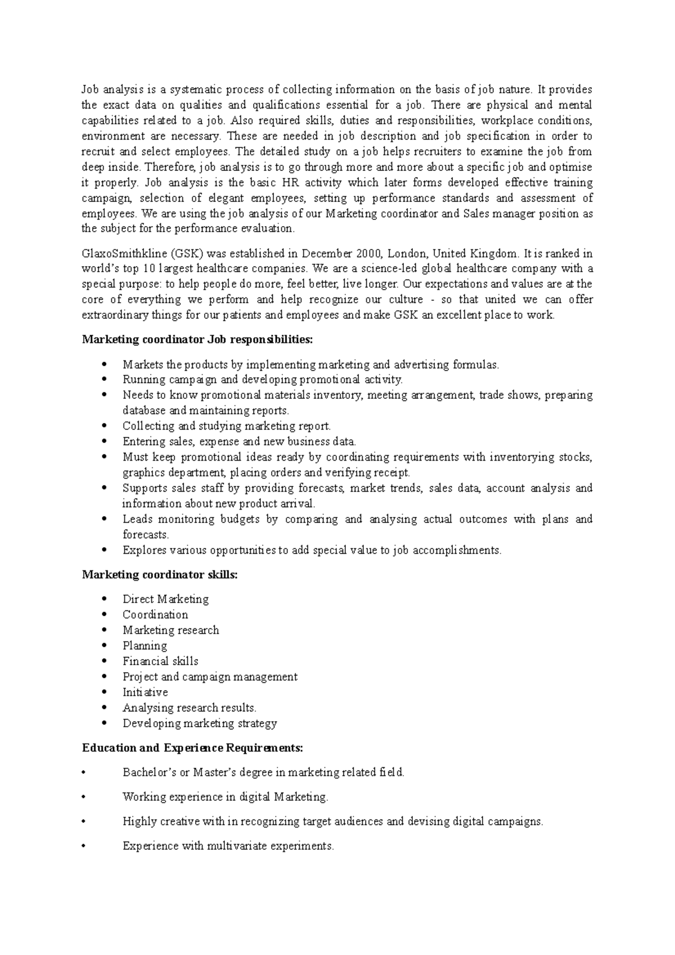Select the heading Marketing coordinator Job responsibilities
click(x=197, y=340)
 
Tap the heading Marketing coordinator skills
click(x=160, y=574)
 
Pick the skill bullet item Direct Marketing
click(x=165, y=599)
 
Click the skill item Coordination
click(x=155, y=615)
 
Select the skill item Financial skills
click(x=160, y=661)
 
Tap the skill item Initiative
click(x=145, y=692)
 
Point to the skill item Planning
click(x=145, y=646)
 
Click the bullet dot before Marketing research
click(x=105, y=630)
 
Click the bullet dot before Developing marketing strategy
click(x=105, y=724)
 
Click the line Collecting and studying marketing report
click(x=227, y=426)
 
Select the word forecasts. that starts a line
click(x=146, y=535)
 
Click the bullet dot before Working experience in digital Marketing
click(x=84, y=797)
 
